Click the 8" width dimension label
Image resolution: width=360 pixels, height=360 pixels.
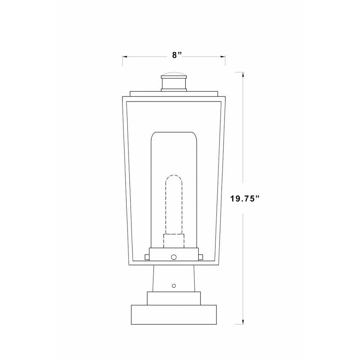click(177, 55)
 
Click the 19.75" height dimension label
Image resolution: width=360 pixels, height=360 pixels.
click(245, 198)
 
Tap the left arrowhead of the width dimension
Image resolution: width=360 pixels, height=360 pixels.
click(125, 57)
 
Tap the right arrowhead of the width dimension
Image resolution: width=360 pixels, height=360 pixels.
click(222, 57)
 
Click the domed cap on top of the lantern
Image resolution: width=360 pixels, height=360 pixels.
click(174, 75)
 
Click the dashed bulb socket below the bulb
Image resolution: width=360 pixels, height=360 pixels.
click(174, 241)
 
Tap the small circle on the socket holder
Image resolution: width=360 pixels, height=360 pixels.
click(174, 257)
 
